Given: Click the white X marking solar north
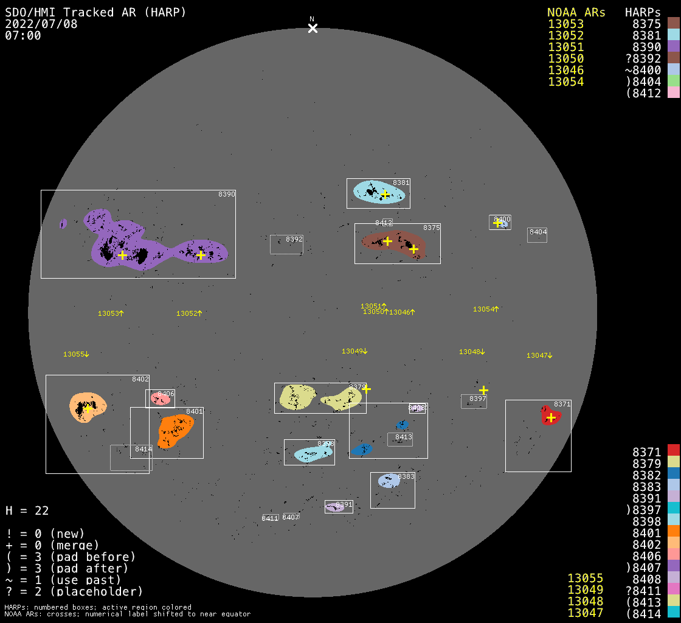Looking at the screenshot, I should pyautogui.click(x=313, y=28).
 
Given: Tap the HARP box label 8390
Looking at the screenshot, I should pyautogui.click(x=226, y=194).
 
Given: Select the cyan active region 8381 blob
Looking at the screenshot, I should pyautogui.click(x=378, y=192).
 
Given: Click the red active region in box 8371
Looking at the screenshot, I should pyautogui.click(x=550, y=416).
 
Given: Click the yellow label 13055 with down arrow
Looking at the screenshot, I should pyautogui.click(x=76, y=354).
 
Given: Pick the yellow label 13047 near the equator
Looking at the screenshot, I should pyautogui.click(x=539, y=355).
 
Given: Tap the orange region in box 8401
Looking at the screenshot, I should pyautogui.click(x=176, y=430).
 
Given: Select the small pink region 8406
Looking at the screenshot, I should pyautogui.click(x=161, y=399).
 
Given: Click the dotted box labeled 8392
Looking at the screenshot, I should pyautogui.click(x=286, y=245).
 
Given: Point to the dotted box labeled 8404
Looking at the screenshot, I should pyautogui.click(x=537, y=235).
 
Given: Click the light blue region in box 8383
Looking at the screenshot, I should pyautogui.click(x=389, y=481).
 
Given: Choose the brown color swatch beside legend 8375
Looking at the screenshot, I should pyautogui.click(x=673, y=24).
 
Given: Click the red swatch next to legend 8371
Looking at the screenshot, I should pyautogui.click(x=673, y=451).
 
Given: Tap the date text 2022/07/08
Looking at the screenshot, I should pyautogui.click(x=41, y=24).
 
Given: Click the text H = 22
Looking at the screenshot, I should pyautogui.click(x=27, y=510).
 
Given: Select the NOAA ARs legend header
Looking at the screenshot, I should pyautogui.click(x=576, y=13).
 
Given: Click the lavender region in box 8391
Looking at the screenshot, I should pyautogui.click(x=335, y=507).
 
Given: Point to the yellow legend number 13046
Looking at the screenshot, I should pyautogui.click(x=565, y=70).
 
